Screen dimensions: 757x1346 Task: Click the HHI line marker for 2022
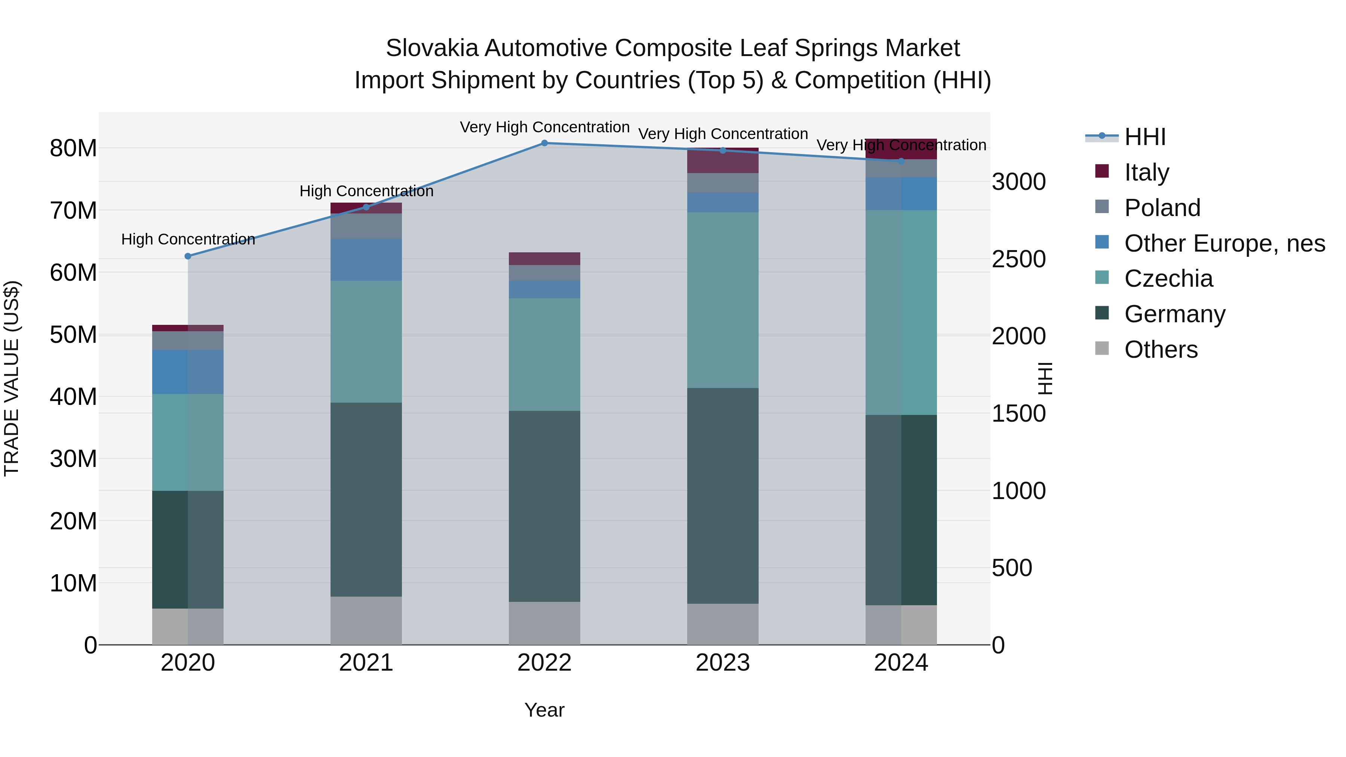pyautogui.click(x=544, y=143)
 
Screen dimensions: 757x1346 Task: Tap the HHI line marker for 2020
pyautogui.click(x=188, y=256)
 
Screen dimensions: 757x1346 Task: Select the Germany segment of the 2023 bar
pyautogui.click(x=723, y=496)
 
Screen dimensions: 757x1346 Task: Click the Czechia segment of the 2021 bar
pyautogui.click(x=366, y=342)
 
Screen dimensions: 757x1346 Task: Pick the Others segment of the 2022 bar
pyautogui.click(x=544, y=623)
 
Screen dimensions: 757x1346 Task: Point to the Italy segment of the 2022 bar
pyautogui.click(x=544, y=259)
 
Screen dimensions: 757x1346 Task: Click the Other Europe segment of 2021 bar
pyautogui.click(x=366, y=260)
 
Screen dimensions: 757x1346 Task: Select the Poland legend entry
pyautogui.click(x=1162, y=208)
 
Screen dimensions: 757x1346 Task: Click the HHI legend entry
pyautogui.click(x=1144, y=137)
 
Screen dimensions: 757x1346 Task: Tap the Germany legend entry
pyautogui.click(x=1175, y=314)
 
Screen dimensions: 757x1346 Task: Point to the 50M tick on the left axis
pyautogui.click(x=73, y=335)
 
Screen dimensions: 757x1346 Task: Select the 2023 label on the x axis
pyautogui.click(x=723, y=663)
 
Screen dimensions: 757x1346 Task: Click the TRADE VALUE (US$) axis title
pyautogui.click(x=12, y=378)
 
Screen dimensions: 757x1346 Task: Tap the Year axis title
pyautogui.click(x=544, y=710)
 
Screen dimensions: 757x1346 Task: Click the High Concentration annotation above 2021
pyautogui.click(x=366, y=191)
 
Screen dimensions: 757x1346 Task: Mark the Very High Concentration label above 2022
pyautogui.click(x=544, y=127)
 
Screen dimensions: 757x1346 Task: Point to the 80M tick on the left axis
pyautogui.click(x=73, y=148)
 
